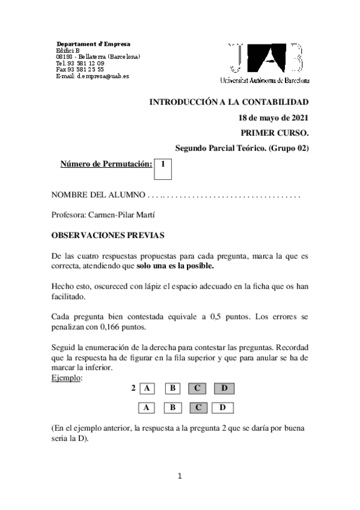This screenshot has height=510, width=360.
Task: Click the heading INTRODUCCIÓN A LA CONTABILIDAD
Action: click(228, 102)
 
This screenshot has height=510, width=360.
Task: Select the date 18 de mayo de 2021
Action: click(273, 117)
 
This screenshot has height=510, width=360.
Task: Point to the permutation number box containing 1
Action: click(163, 169)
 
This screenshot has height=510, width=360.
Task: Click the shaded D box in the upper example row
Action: click(224, 388)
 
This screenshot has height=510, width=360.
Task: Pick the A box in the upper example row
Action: click(147, 388)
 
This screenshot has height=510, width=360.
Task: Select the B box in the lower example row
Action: click(172, 408)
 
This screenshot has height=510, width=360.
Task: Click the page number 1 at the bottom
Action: click(180, 477)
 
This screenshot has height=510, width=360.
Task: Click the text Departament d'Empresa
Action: click(93, 45)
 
